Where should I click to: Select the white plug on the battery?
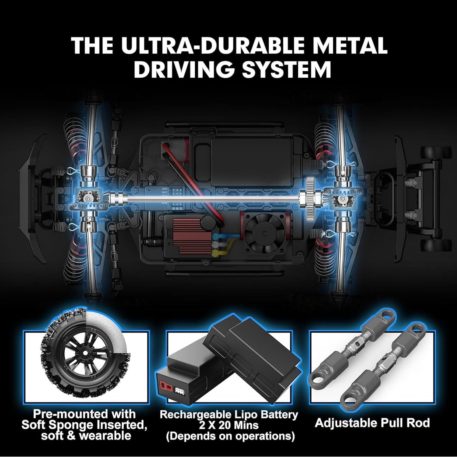179,382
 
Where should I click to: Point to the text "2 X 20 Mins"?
229,425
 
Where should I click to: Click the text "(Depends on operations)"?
230,436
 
